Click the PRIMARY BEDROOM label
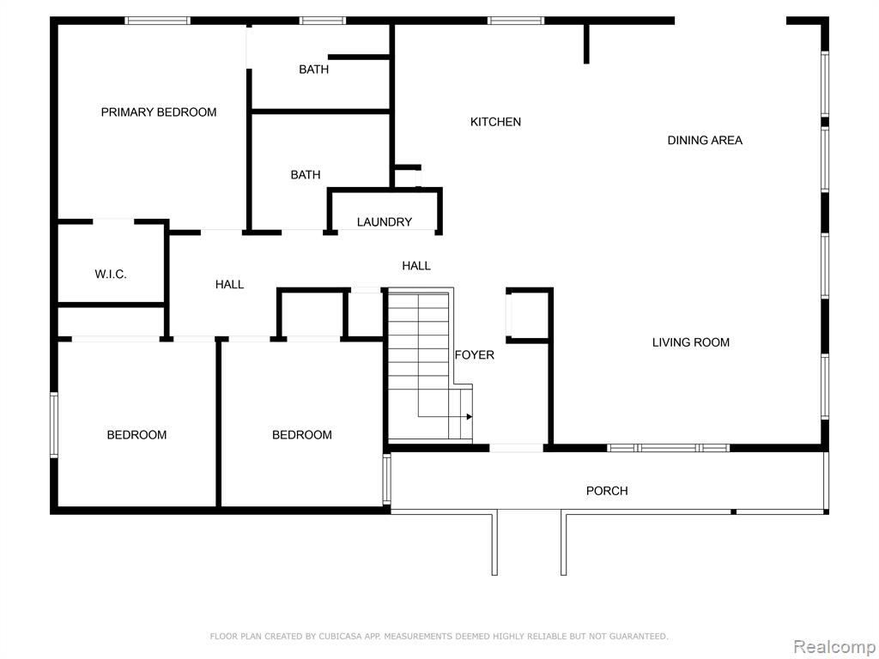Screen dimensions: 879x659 [x=159, y=112]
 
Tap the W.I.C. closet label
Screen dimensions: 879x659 [x=111, y=274]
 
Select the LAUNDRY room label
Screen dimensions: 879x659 [x=385, y=222]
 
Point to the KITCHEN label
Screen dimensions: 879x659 [x=495, y=122]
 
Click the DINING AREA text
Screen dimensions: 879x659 [x=705, y=140]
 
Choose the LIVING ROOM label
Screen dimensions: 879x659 [x=691, y=342]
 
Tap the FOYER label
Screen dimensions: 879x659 [x=474, y=354]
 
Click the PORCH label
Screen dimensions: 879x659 [x=607, y=491]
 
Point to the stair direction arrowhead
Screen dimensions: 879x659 [x=470, y=417]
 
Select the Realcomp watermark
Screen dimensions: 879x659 [x=834, y=647]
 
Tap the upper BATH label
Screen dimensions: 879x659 [x=314, y=70]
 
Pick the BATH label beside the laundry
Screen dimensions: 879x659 [x=306, y=175]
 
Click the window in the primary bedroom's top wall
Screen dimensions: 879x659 [x=158, y=21]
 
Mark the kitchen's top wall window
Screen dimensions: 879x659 [x=516, y=21]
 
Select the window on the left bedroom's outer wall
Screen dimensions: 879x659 [x=54, y=425]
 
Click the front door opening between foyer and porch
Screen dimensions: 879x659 [x=516, y=448]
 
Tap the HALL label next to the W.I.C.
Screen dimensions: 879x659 [x=229, y=285]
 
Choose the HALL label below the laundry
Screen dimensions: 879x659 [x=416, y=266]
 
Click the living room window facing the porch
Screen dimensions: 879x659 [x=668, y=448]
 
